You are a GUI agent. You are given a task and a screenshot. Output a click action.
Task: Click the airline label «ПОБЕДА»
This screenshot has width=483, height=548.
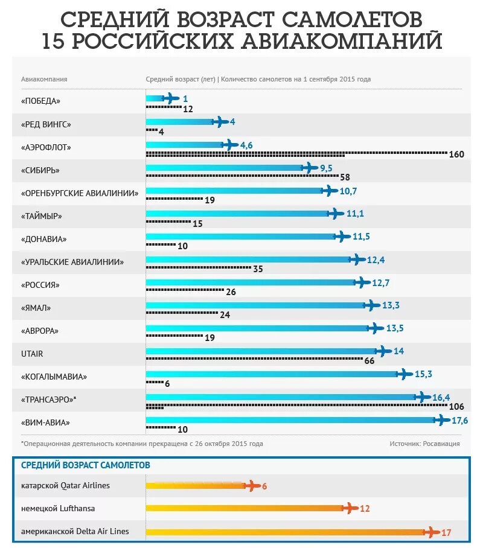[x=41, y=101]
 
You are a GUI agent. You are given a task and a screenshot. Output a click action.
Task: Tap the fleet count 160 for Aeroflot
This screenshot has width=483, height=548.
[x=456, y=155]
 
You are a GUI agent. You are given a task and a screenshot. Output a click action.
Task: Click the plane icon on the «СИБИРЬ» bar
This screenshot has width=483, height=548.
[x=309, y=168]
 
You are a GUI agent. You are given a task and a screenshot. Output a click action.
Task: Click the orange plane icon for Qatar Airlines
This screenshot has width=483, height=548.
[x=252, y=485]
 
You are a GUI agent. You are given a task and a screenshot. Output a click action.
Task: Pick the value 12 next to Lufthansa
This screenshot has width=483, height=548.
[x=365, y=508]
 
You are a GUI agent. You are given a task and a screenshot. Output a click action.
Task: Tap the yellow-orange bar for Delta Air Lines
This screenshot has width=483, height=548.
[x=284, y=532]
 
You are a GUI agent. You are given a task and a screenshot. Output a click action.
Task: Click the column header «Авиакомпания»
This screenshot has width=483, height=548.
[x=44, y=79]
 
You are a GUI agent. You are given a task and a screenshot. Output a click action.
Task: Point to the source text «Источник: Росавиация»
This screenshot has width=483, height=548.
[x=424, y=444]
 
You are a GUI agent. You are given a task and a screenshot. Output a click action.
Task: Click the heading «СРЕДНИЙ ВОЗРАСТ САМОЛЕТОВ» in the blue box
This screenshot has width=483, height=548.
[x=86, y=465]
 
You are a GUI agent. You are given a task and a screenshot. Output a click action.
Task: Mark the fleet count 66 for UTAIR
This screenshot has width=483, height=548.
[x=370, y=360]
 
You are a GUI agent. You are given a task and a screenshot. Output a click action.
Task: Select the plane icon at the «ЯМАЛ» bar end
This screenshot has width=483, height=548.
[x=371, y=305]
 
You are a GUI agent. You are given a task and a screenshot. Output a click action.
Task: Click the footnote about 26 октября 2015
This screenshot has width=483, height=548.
[x=142, y=444]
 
